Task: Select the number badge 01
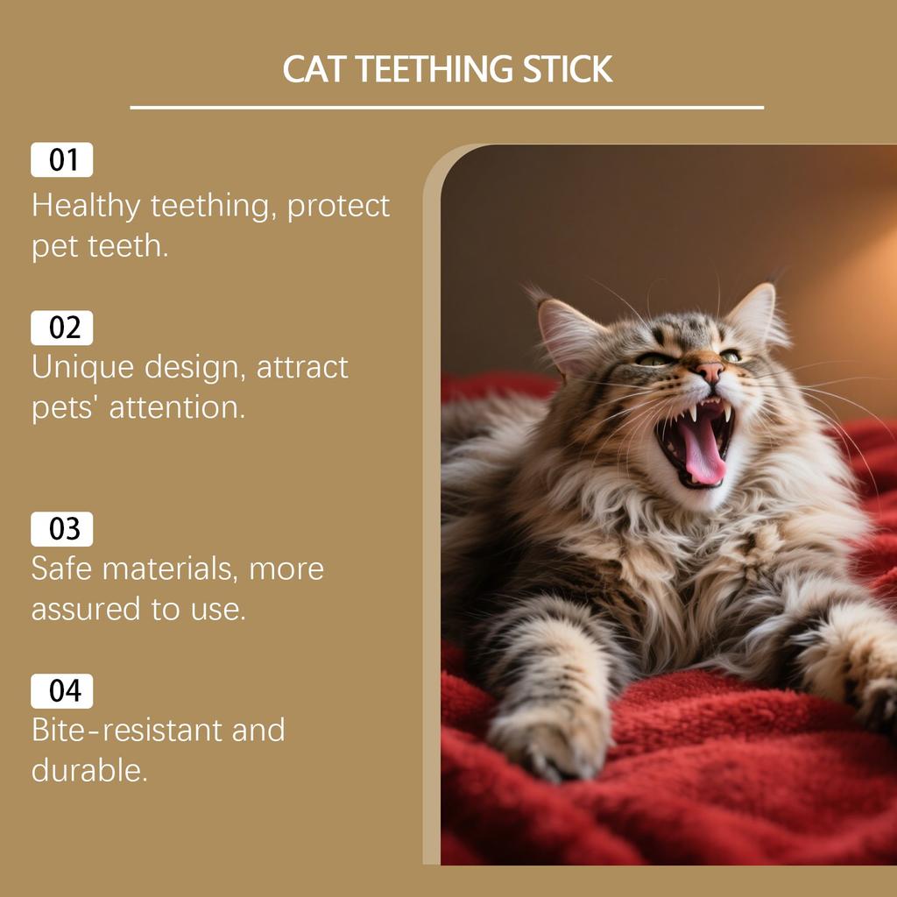click(x=62, y=160)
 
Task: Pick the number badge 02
click(x=62, y=328)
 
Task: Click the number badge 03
click(x=62, y=529)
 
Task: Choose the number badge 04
click(x=62, y=691)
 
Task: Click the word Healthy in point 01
click(x=86, y=207)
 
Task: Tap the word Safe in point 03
click(x=61, y=569)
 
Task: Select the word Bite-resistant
click(x=127, y=730)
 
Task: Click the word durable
click(x=88, y=771)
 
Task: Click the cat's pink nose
click(x=710, y=371)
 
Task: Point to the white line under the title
click(x=447, y=108)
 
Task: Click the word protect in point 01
click(x=339, y=207)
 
